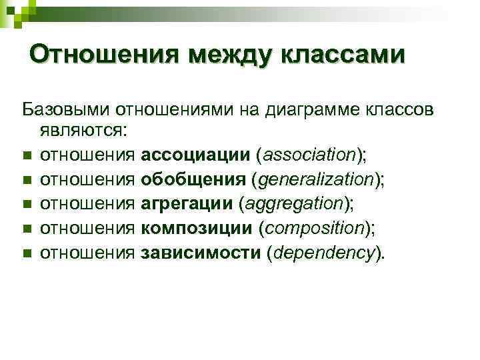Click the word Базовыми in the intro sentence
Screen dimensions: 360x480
coord(66,108)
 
